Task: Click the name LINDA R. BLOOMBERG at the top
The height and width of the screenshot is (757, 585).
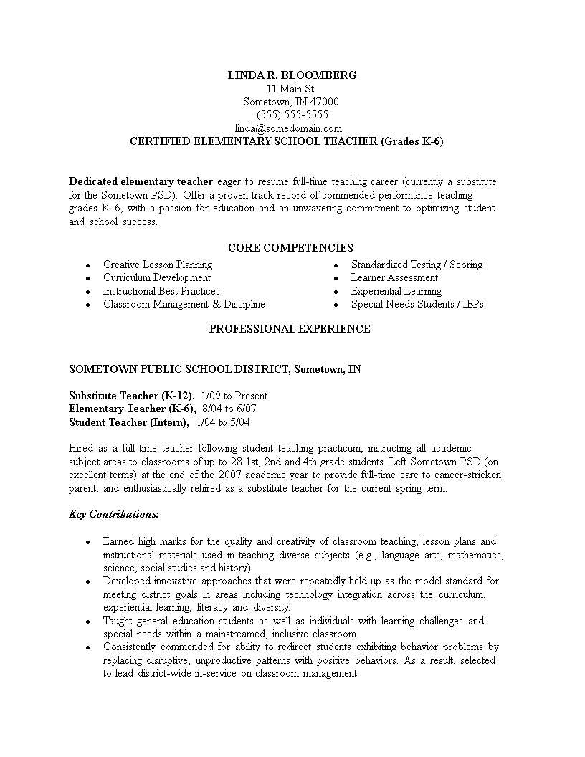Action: tap(291, 75)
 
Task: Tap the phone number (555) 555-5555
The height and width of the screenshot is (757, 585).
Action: tap(292, 115)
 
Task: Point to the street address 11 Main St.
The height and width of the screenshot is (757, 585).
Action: tap(291, 89)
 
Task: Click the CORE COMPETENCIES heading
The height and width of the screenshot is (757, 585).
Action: tap(290, 248)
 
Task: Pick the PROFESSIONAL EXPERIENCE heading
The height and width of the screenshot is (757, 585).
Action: tap(290, 329)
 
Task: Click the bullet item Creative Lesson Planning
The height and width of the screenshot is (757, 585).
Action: tap(158, 265)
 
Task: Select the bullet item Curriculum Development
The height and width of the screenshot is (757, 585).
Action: tap(157, 277)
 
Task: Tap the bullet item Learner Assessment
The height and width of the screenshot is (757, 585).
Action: tap(394, 277)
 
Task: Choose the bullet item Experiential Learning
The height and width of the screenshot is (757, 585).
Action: tap(396, 291)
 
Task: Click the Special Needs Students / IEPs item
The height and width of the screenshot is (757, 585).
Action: tap(417, 304)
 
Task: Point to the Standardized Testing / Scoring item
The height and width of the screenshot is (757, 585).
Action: tap(417, 265)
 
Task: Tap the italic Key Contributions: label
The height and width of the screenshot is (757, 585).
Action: tap(114, 514)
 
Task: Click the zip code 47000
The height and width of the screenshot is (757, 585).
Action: tap(325, 102)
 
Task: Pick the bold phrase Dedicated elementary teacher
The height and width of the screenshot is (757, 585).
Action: tap(141, 181)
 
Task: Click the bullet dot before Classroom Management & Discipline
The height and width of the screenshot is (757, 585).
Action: tap(87, 305)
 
